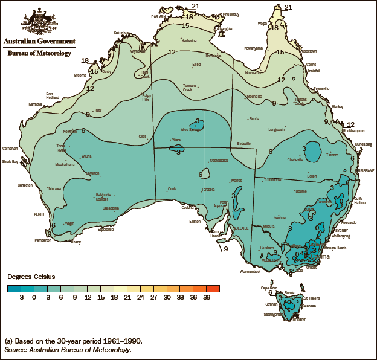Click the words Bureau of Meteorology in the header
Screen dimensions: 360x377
tap(39, 53)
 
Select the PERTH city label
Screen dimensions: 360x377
tap(39, 214)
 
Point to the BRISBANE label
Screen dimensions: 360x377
tap(366, 171)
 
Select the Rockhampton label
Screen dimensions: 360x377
tap(353, 130)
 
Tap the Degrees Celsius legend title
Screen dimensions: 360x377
tap(31, 277)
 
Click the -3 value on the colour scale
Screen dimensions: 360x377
tap(21, 297)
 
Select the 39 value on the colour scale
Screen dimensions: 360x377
tap(207, 297)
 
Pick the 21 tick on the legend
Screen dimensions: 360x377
tap(127, 297)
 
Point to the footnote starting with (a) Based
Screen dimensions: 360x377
tap(73, 341)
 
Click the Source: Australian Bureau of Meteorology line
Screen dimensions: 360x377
tap(68, 349)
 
